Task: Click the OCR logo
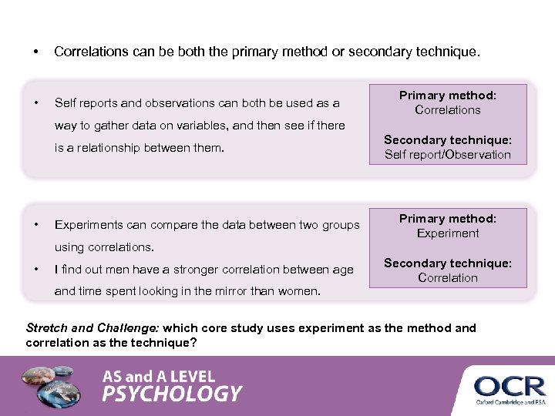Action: pyautogui.click(x=510, y=385)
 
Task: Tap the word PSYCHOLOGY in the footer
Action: pyautogui.click(x=172, y=394)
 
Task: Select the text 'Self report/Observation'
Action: pyautogui.click(x=448, y=154)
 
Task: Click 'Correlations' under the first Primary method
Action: pyautogui.click(x=448, y=109)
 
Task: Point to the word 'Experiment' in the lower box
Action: pyautogui.click(x=448, y=233)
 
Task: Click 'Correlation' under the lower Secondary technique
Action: pyautogui.click(x=448, y=277)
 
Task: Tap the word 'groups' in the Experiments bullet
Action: pyautogui.click(x=340, y=225)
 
